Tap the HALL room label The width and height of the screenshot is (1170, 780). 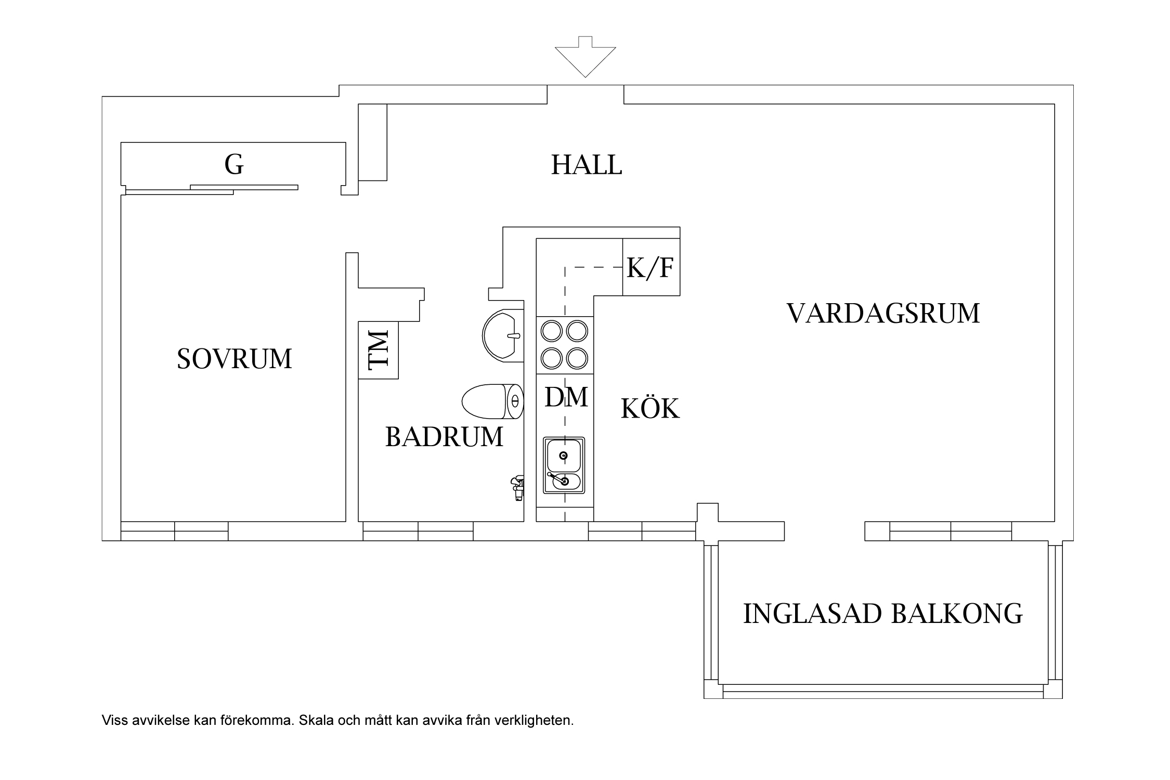coord(587,165)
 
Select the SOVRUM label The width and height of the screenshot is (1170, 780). coord(235,359)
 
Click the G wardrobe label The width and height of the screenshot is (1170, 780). coord(234,164)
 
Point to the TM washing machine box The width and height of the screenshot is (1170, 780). coord(379,350)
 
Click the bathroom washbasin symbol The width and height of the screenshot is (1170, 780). coord(502,335)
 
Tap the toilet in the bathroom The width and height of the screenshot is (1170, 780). coord(491,401)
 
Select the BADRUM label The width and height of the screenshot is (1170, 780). coord(444,437)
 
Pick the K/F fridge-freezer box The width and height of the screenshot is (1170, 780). coord(651,267)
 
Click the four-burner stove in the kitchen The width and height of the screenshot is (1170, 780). coord(565,345)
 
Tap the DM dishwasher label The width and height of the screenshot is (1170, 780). coord(566,397)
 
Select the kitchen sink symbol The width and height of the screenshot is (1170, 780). coord(564,465)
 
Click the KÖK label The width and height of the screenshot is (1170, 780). coord(650,409)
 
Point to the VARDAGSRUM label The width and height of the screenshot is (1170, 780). coord(883,314)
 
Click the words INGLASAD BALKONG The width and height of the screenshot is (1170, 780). coord(882,614)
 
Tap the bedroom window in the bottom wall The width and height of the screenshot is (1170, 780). coord(174,531)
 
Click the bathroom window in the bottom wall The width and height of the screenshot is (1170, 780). coord(418,531)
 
